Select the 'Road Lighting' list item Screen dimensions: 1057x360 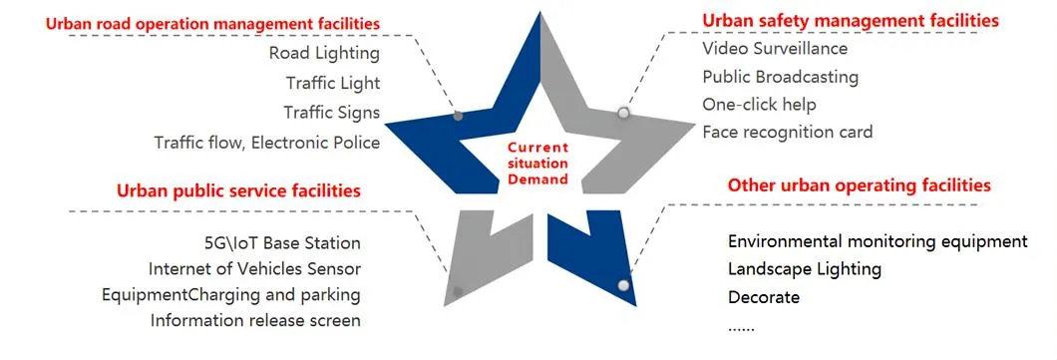324,54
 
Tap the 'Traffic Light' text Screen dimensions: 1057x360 332,84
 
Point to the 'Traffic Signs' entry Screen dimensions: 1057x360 331,113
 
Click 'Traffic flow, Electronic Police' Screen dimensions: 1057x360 266,143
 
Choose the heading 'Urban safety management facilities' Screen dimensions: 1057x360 851,20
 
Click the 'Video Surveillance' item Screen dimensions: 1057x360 775,48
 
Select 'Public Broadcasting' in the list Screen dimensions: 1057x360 780,77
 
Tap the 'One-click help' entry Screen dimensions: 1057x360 759,104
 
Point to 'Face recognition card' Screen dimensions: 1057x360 787,132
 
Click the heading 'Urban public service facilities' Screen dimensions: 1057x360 238,190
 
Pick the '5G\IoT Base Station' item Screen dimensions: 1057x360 280,243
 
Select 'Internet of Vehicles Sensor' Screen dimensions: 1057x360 254,268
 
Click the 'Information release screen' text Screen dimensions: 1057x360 255,320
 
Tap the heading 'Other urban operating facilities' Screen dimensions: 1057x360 859,185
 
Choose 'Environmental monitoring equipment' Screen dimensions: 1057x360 878,241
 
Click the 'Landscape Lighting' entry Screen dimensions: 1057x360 805,269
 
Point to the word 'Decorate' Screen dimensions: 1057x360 764,297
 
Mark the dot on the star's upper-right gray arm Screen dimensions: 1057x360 623,113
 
